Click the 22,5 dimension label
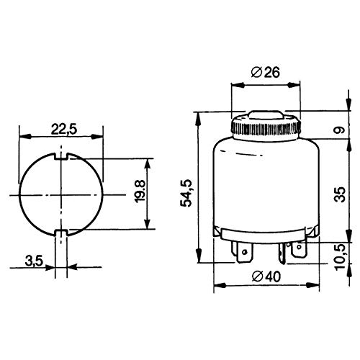click(x=64, y=130)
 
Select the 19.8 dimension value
click(x=140, y=191)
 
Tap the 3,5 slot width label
click(x=34, y=261)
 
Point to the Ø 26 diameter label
click(x=265, y=72)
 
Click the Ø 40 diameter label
click(x=266, y=276)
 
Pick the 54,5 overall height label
click(x=186, y=193)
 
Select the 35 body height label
click(x=340, y=194)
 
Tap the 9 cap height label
click(x=340, y=130)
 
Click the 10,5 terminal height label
click(x=340, y=257)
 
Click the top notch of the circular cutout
click(x=61, y=156)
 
